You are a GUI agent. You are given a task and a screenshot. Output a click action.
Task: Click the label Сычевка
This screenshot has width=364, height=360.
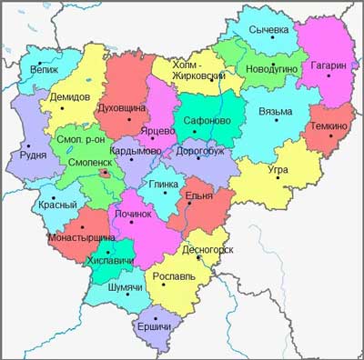(271, 30)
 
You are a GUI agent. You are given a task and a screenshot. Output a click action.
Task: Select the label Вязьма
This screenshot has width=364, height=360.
(276, 112)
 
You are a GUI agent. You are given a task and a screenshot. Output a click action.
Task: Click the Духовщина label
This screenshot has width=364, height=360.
(124, 108)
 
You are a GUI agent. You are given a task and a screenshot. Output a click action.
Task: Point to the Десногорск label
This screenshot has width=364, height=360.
(207, 247)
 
